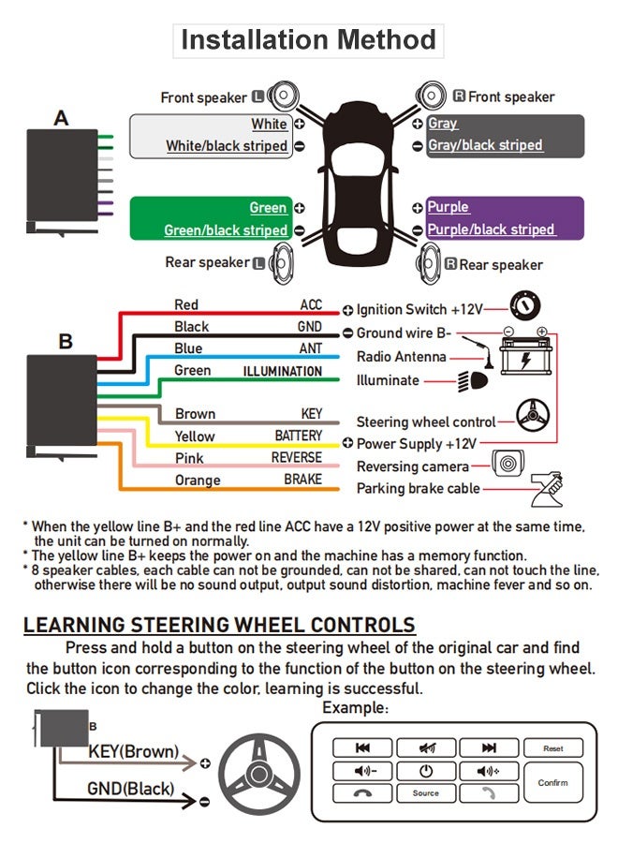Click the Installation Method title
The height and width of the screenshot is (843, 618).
click(308, 40)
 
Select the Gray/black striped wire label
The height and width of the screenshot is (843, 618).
click(485, 145)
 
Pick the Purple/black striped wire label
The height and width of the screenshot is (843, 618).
click(491, 229)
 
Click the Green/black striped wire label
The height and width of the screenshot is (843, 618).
click(226, 229)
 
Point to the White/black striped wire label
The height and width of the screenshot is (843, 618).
click(227, 146)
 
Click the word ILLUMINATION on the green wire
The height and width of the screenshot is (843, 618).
click(282, 371)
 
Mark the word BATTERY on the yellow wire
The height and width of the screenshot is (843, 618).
click(298, 436)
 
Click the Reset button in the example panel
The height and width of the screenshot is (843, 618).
click(552, 748)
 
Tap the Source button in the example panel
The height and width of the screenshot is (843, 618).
click(425, 793)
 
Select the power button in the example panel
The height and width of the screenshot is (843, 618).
click(425, 771)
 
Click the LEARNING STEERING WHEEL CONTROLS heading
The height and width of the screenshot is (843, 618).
click(219, 626)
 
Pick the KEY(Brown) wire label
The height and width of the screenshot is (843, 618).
click(133, 751)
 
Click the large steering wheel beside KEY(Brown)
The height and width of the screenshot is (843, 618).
click(259, 773)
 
